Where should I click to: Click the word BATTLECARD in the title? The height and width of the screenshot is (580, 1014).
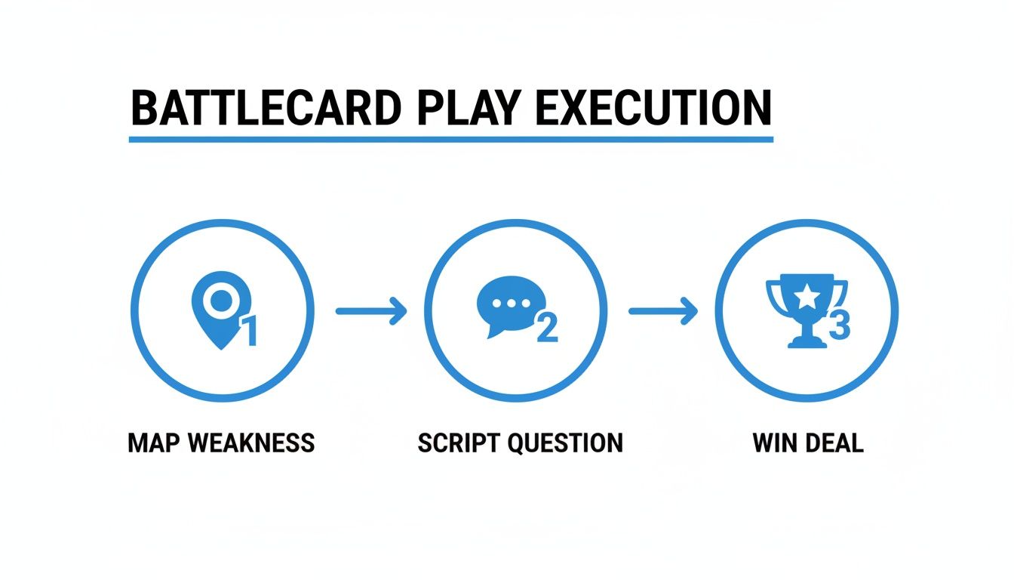pos(261,110)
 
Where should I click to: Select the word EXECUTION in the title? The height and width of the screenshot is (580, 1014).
pos(653,110)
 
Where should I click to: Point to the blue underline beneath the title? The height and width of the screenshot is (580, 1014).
pos(451,139)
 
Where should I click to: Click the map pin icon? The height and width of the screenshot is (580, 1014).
pos(220,310)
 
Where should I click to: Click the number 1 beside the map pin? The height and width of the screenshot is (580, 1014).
pos(248,331)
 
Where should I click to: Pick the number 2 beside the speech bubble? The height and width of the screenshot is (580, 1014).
pos(547,327)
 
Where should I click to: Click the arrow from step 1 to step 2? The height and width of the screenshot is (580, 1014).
pos(370,310)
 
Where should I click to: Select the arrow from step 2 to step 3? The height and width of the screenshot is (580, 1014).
pos(662,310)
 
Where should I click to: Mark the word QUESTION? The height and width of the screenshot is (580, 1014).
pos(567,443)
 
